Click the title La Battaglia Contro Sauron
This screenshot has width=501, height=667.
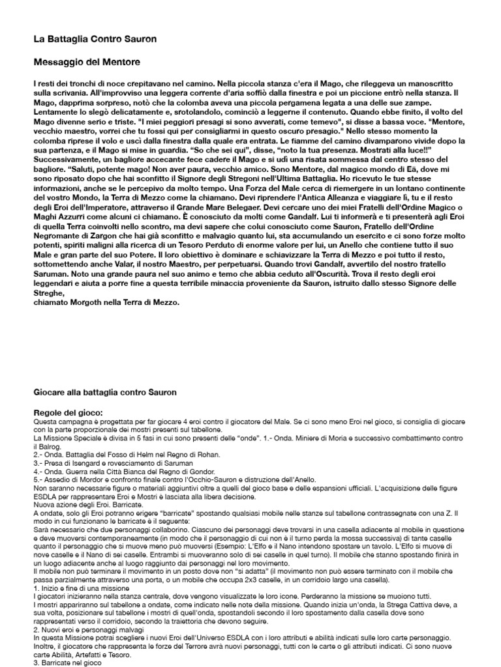pyautogui.click(x=95, y=40)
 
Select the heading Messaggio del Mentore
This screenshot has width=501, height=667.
pyautogui.click(x=87, y=63)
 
